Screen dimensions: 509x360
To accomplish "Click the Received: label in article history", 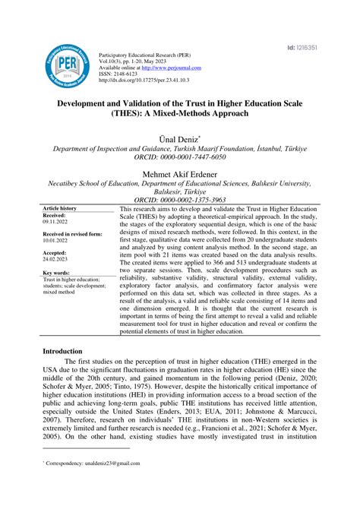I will (55, 216).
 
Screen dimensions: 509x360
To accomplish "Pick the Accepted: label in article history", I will (55, 252).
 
